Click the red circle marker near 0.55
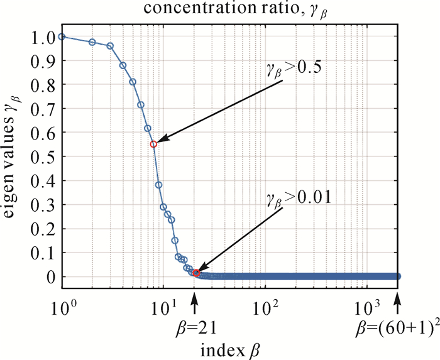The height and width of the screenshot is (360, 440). (153, 144)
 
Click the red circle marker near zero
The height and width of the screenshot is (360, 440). (197, 273)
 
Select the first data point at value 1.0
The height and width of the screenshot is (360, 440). (62, 36)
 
